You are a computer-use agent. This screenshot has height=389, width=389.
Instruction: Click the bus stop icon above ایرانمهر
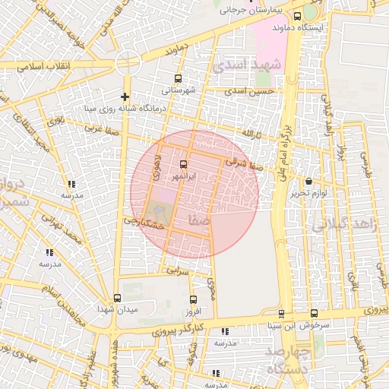183,165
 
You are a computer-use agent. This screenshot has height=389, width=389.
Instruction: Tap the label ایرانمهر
183,176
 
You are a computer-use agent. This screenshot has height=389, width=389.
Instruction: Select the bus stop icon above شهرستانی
179,78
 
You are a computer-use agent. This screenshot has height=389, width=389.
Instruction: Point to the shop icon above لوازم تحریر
308,182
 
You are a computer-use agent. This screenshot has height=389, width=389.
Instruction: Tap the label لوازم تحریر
308,193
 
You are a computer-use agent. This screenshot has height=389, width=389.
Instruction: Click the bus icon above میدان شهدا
116,298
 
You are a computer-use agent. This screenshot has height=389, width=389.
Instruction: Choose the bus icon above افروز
193,300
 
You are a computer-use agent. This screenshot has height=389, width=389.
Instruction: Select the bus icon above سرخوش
315,313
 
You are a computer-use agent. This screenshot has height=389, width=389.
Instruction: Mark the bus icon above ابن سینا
281,314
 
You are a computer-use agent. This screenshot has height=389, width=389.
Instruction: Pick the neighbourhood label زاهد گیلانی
337,225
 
